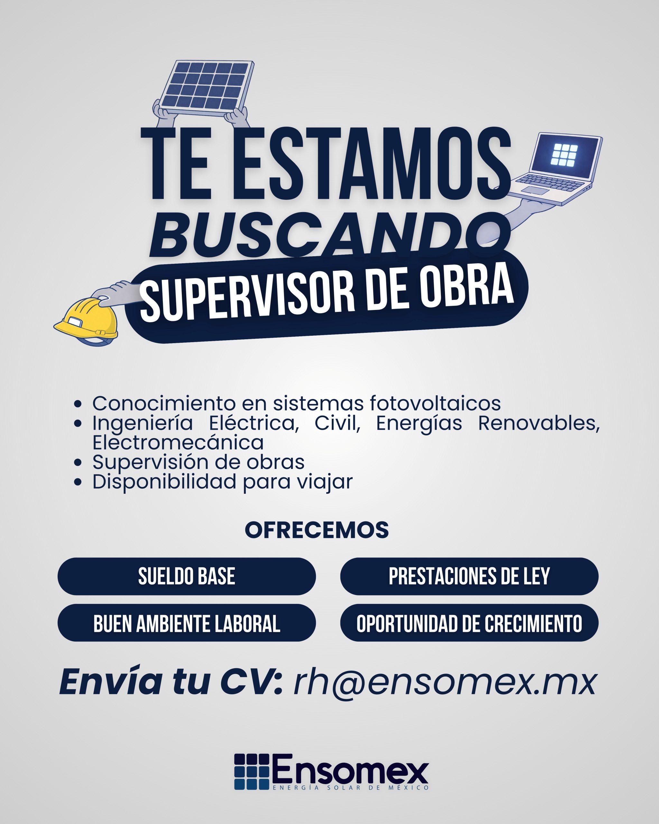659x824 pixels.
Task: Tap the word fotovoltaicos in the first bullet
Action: (x=435, y=403)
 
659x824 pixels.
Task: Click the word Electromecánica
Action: (x=178, y=443)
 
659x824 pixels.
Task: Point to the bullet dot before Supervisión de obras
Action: (x=78, y=463)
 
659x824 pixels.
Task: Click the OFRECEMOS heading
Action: (x=317, y=530)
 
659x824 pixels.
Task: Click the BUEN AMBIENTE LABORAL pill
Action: (x=187, y=623)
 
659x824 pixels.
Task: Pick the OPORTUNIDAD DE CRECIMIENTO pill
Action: (x=469, y=623)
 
